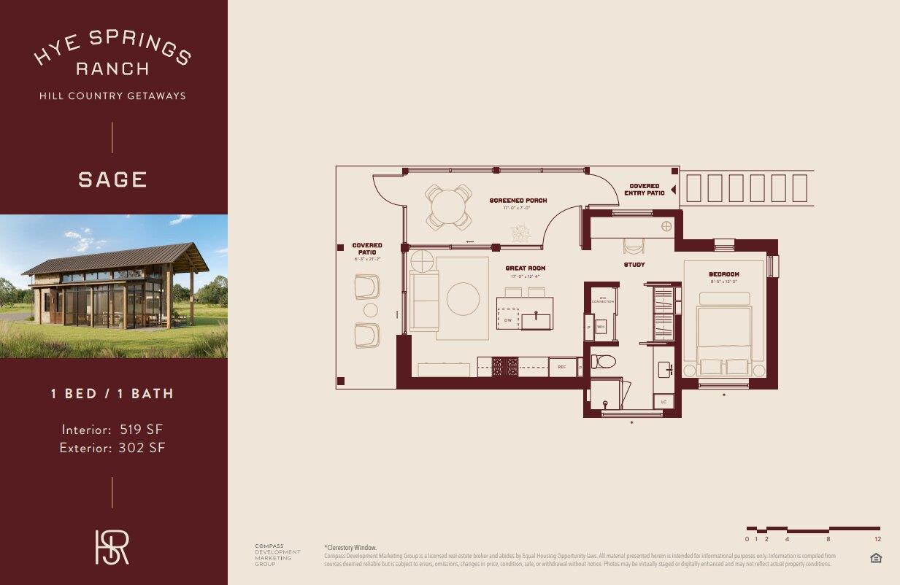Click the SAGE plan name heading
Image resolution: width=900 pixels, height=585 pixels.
[x=112, y=179]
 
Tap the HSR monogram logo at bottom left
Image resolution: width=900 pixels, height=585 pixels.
[x=112, y=546]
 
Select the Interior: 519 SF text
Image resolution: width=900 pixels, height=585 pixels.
[x=112, y=429]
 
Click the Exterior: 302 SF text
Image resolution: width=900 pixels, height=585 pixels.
[x=112, y=447]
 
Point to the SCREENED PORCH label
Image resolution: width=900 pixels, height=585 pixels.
[x=518, y=201]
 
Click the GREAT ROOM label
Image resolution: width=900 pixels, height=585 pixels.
[x=525, y=268]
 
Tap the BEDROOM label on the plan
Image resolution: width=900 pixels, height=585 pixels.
[x=723, y=274]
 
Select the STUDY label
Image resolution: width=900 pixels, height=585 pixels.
[x=634, y=265]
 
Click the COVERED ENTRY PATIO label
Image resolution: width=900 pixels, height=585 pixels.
[x=645, y=189]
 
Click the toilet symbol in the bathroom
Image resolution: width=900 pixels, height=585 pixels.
[x=604, y=361]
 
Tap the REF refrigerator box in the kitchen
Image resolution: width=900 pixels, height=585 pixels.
[x=561, y=367]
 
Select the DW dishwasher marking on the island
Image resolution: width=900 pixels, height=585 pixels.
[x=508, y=319]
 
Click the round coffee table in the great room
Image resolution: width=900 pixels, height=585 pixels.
[x=463, y=299]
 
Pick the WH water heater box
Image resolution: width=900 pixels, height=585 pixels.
[x=601, y=328]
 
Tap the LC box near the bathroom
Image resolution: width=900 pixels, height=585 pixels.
[x=664, y=402]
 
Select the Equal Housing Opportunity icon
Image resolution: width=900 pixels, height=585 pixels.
[x=877, y=558]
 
